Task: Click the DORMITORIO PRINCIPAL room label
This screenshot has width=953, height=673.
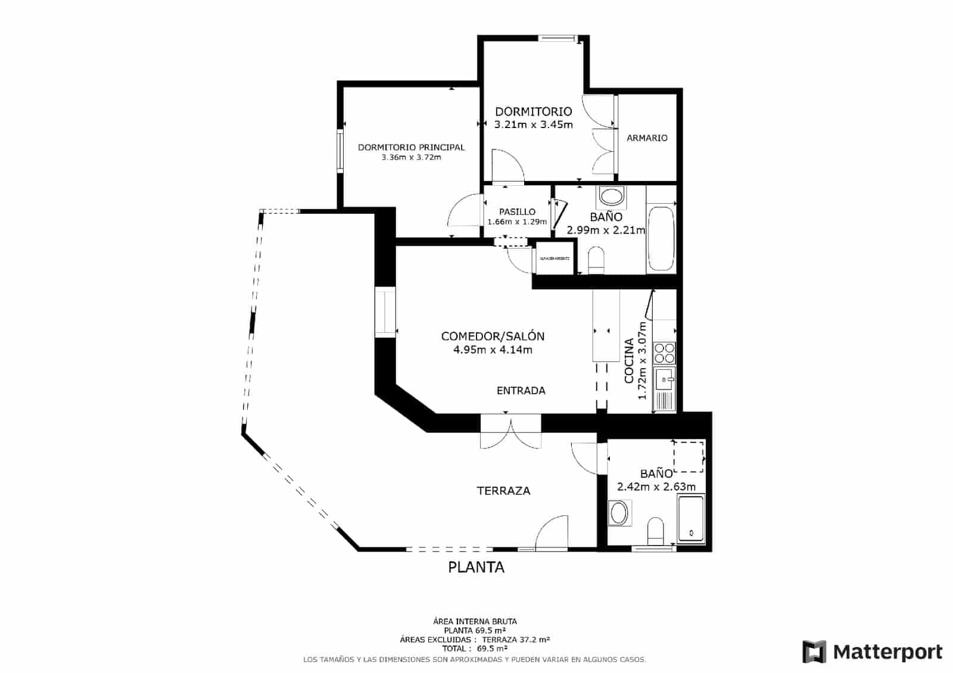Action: [x=411, y=147]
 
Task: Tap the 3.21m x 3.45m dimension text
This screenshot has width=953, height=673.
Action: [x=534, y=124]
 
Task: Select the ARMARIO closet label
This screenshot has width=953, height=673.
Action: [x=647, y=138]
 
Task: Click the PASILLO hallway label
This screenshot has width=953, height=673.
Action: [x=517, y=211]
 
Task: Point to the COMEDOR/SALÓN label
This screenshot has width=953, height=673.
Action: [x=493, y=336]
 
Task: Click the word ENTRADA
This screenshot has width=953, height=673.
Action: [x=521, y=391]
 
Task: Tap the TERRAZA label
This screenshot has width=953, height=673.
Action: [x=503, y=491]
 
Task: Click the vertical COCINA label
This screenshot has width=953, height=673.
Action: [x=629, y=361]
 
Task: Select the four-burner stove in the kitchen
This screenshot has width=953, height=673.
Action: [x=664, y=353]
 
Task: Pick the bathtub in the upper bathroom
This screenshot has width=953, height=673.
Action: [x=661, y=238]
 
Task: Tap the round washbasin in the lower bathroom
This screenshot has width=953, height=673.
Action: [x=619, y=513]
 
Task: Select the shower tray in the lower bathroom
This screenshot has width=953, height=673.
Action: [x=691, y=518]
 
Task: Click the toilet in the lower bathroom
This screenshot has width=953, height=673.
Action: [x=655, y=530]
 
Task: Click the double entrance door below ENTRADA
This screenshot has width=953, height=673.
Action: [x=511, y=432]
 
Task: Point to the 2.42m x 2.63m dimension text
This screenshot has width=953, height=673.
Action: [x=656, y=487]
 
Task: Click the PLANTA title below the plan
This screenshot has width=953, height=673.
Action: [x=476, y=568]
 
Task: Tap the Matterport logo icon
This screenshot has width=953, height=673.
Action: [x=814, y=652]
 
